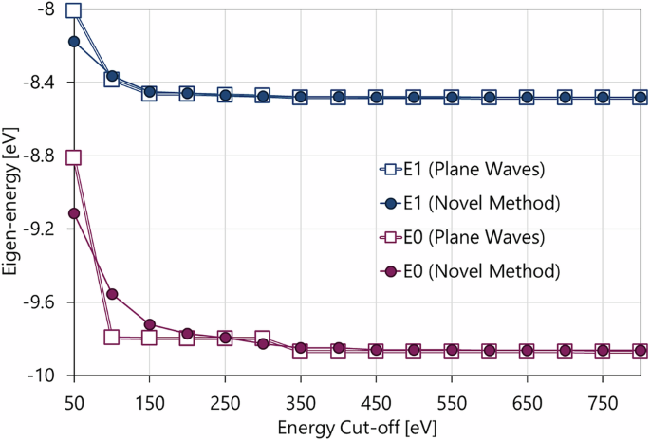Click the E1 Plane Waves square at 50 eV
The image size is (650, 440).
pos(73,11)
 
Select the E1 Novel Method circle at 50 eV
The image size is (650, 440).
pos(73,42)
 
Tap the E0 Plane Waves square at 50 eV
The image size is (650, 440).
pos(73,157)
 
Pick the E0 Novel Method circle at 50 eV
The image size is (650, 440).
pos(73,213)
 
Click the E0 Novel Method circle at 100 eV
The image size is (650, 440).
pos(111,294)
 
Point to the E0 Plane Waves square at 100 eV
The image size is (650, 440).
pos(111,337)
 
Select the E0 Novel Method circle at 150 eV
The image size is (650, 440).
pos(149,325)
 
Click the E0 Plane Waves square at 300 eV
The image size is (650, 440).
pos(263,339)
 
